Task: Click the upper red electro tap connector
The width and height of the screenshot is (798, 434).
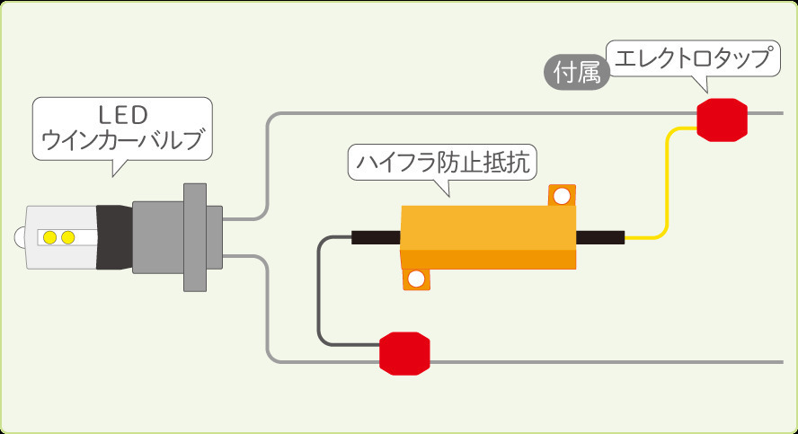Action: [x=723, y=119]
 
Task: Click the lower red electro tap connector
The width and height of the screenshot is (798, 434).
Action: [x=404, y=353]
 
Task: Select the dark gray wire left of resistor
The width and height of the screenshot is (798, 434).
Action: [x=320, y=288]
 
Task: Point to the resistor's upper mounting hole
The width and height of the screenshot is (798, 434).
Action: [x=562, y=196]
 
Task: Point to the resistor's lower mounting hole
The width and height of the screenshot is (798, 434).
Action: [x=415, y=279]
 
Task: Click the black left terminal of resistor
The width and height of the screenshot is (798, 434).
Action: [x=376, y=237]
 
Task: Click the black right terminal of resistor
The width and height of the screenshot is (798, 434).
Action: [x=599, y=237]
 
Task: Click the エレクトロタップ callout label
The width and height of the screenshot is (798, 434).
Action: [x=690, y=59]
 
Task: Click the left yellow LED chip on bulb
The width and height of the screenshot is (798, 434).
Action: [x=50, y=237]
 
